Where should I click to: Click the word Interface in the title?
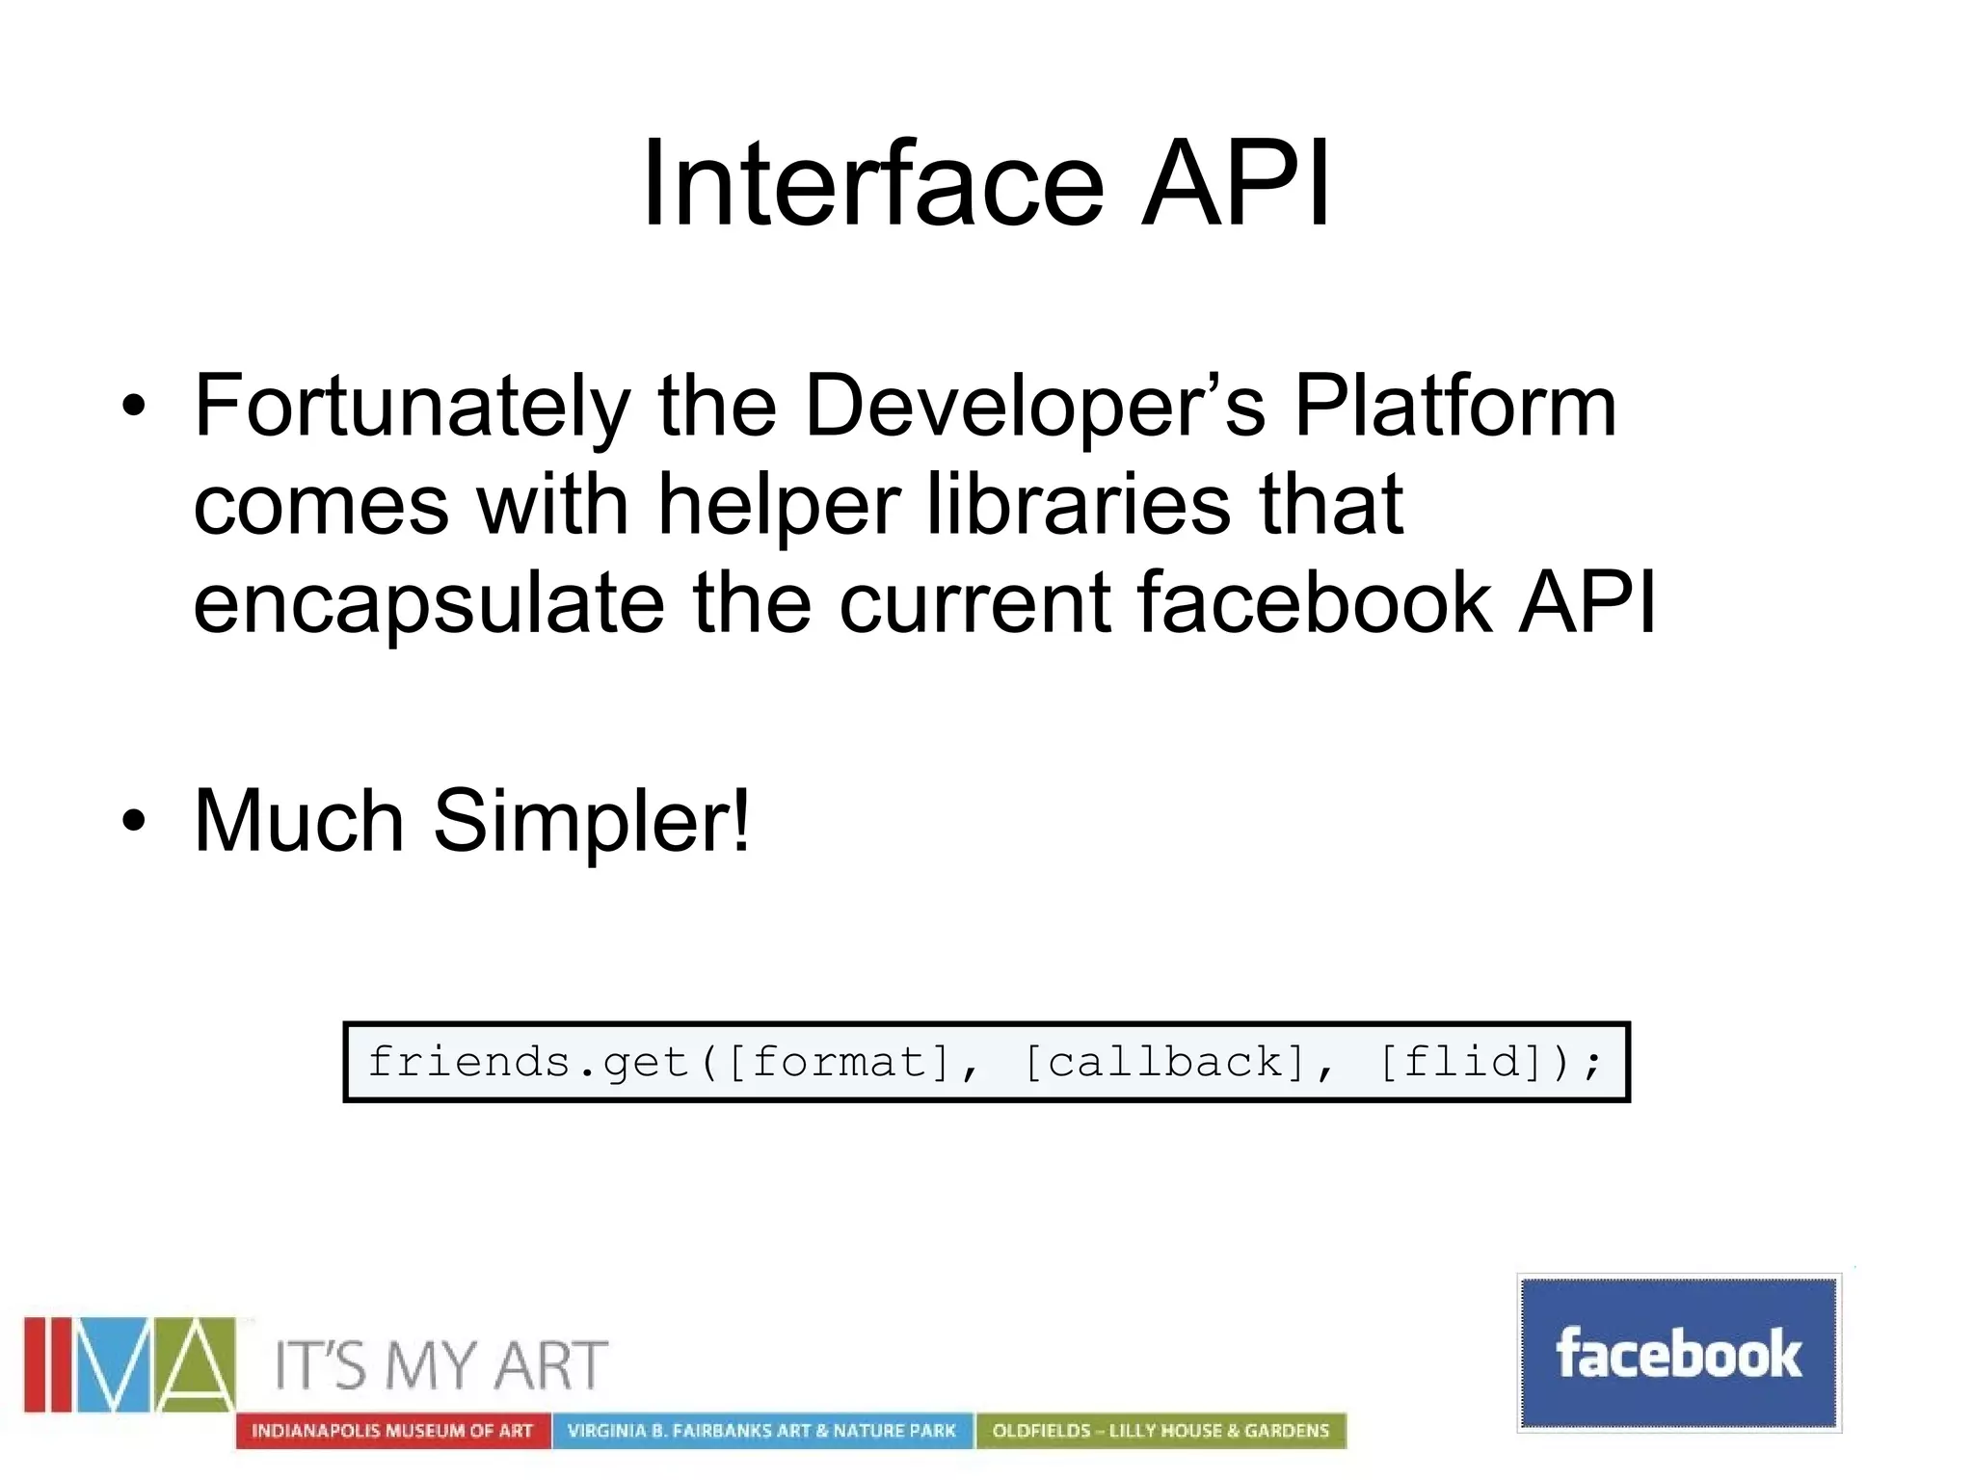872,183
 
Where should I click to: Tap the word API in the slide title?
1236,183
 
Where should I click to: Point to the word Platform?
1454,407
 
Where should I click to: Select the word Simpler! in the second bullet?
591,823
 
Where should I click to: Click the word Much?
299,821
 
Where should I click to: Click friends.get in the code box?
528,1063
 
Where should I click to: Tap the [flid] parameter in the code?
1459,1063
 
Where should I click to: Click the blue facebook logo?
1678,1353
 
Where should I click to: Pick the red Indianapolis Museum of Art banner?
392,1431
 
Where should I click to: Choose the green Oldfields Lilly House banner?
1160,1431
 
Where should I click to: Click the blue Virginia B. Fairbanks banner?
761,1431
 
